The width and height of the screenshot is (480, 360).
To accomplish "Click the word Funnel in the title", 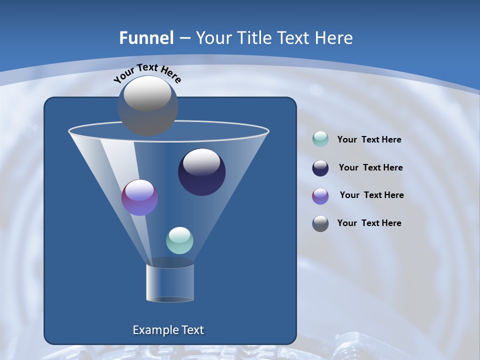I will click(146, 38).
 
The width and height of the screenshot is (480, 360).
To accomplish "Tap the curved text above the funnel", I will click(147, 73).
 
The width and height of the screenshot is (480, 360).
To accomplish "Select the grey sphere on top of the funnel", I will click(148, 106).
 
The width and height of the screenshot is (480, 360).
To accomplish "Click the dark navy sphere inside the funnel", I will click(202, 172).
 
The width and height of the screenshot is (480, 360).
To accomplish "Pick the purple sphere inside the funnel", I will click(139, 197).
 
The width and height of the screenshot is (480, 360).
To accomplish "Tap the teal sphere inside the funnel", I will click(179, 240).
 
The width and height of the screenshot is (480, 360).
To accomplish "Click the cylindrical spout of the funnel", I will click(170, 282).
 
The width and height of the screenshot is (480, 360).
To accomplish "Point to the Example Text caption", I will click(168, 330).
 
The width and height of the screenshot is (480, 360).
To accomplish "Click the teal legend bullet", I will click(320, 139).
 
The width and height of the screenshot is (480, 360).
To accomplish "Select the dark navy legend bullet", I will click(320, 168).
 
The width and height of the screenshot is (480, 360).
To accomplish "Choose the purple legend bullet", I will click(320, 196).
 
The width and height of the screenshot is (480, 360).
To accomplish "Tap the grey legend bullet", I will click(320, 223).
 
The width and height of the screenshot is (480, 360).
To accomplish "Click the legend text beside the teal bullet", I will click(369, 140).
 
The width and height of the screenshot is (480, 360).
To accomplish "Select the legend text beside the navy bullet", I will click(370, 168).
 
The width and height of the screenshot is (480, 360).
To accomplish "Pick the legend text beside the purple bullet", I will click(371, 195).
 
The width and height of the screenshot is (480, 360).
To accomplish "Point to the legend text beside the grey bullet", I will click(369, 223).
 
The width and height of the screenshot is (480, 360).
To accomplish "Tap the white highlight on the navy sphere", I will click(201, 161).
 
